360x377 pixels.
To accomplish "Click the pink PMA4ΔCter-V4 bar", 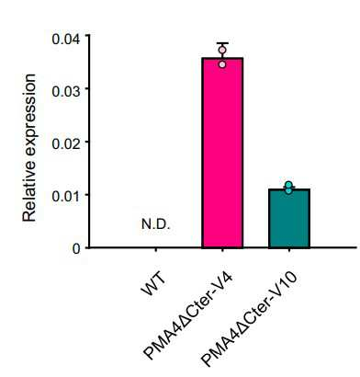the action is click(222, 153).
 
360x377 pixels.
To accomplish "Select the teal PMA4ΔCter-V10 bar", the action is click(289, 218).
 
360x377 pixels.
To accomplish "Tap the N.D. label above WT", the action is click(155, 224).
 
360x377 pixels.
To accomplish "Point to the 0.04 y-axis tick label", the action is click(66, 39).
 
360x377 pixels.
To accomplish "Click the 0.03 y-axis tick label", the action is click(66, 91).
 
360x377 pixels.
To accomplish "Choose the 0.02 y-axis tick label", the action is click(66, 143).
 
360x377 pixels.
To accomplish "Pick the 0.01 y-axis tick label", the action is click(66, 196).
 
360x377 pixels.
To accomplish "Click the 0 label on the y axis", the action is click(76, 248).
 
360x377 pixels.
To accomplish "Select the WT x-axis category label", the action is click(153, 283).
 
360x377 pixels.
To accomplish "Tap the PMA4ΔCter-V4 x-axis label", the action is click(189, 315).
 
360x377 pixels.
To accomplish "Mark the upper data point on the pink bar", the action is click(222, 50).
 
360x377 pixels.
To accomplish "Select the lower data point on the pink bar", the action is click(222, 64).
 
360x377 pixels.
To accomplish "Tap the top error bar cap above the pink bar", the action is click(222, 43).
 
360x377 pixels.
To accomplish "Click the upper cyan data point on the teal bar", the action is click(288, 185).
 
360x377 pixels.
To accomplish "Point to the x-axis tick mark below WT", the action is click(156, 250).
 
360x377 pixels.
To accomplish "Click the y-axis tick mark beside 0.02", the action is click(88, 142).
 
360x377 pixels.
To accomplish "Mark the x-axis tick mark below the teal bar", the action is click(289, 250).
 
